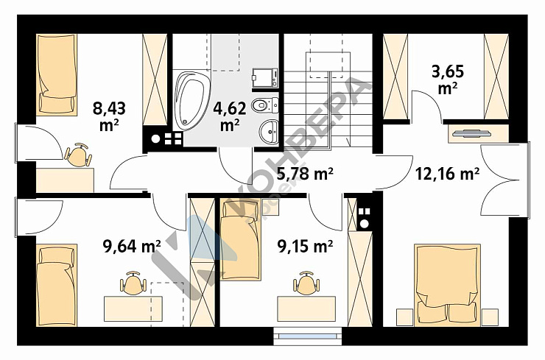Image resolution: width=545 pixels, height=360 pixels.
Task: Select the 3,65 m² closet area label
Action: click(x=448, y=80)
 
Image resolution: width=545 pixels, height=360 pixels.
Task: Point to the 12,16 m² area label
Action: click(x=447, y=173)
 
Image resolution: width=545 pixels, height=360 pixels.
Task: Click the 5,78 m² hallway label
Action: click(x=305, y=173)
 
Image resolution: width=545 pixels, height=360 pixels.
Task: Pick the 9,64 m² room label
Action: click(x=132, y=247)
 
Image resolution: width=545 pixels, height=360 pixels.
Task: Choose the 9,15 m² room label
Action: click(x=305, y=247)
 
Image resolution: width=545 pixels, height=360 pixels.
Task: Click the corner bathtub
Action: click(x=192, y=101)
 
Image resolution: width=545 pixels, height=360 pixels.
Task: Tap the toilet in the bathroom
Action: click(x=265, y=105)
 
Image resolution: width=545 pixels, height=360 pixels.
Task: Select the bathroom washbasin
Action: click(x=269, y=131)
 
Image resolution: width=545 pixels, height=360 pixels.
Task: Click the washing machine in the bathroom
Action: click(x=265, y=78)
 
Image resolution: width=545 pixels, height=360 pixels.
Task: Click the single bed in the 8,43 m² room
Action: click(x=57, y=74)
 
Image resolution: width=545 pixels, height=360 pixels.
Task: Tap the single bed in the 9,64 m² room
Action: click(x=57, y=285)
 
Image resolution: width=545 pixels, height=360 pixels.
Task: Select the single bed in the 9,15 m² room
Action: click(x=240, y=239)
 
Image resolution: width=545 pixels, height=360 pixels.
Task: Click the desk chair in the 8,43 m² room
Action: click(x=79, y=155)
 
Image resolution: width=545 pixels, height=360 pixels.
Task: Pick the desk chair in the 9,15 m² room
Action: click(x=306, y=283)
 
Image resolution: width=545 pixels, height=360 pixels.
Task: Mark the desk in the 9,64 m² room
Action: click(x=133, y=308)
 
